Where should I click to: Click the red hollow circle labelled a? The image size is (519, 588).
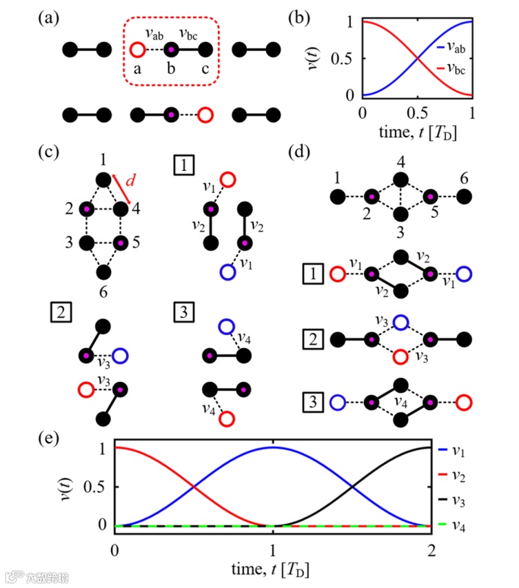point(136,49)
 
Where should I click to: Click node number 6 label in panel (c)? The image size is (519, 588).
point(103,293)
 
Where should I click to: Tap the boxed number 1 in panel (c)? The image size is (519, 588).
point(185,166)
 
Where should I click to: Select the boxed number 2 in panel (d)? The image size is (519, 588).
point(313,338)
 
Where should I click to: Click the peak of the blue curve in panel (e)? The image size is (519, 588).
point(273,447)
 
